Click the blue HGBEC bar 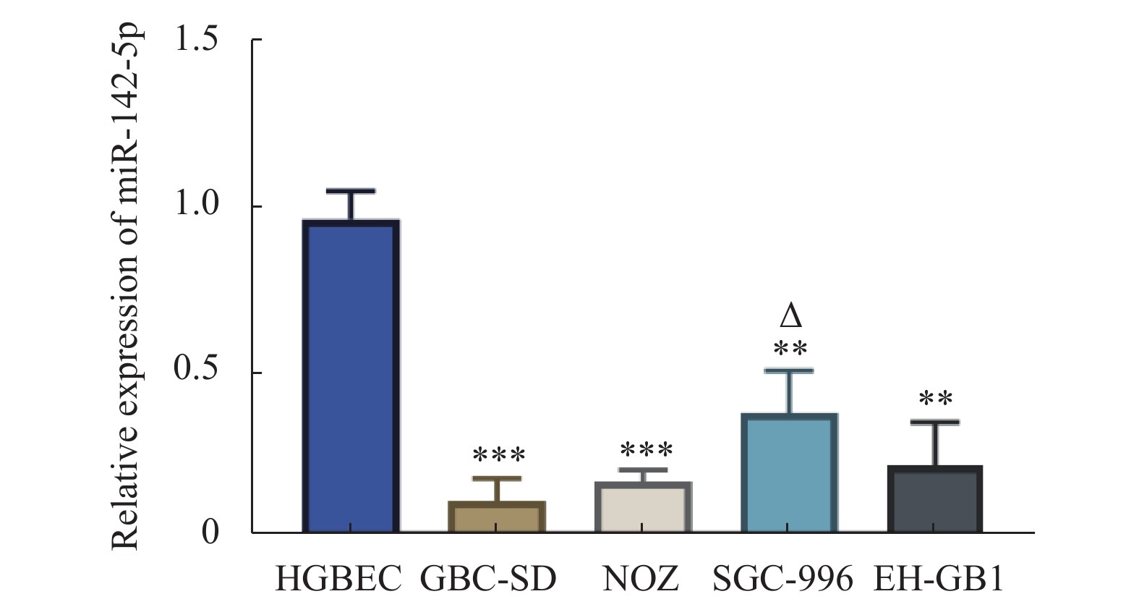351,376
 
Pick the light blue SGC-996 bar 790,473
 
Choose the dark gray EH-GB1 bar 935,499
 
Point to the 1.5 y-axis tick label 196,40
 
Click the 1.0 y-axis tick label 196,205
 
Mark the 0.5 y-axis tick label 196,370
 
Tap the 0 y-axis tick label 210,533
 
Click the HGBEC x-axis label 338,580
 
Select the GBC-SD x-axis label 489,580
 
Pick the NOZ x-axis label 641,580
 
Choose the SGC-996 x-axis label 783,580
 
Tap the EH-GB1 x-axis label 939,580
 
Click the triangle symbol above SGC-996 791,316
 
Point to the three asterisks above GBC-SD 499,456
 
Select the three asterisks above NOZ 647,450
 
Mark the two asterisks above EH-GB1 936,399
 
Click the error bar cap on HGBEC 351,191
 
